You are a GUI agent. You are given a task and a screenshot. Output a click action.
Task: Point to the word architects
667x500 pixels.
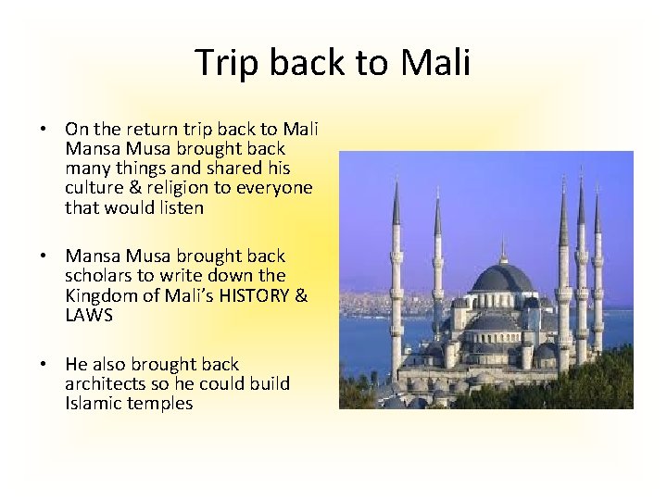click(x=104, y=383)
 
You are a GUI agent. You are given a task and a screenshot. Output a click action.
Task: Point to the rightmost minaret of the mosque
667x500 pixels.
click(x=597, y=269)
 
